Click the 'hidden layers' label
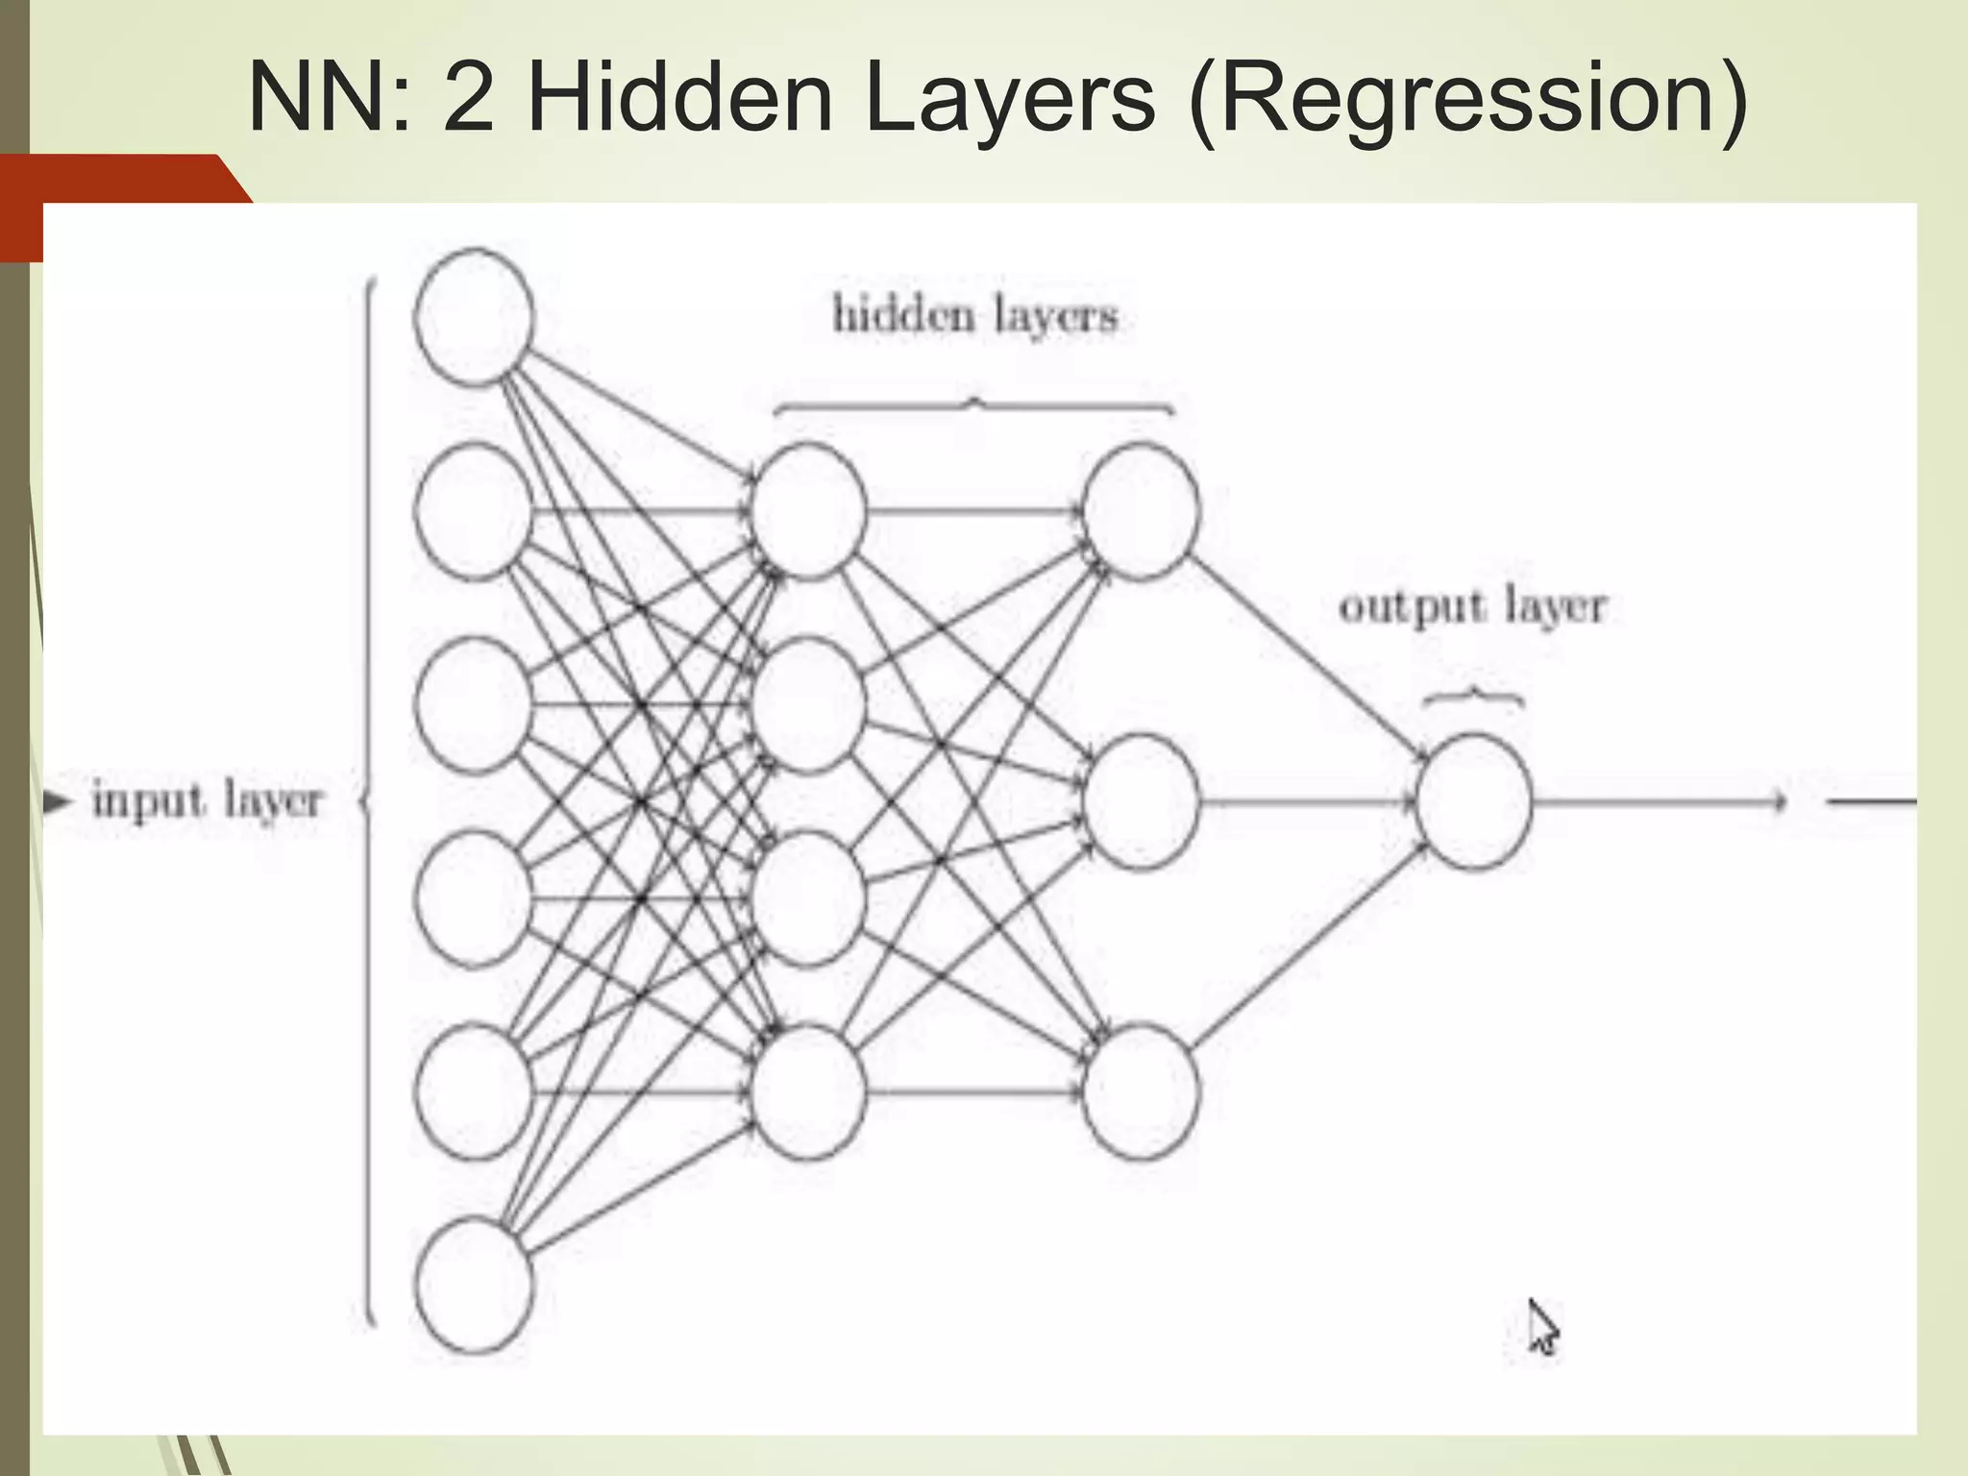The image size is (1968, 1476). (974, 315)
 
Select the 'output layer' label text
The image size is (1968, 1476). (1472, 606)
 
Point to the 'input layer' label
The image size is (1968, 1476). (207, 800)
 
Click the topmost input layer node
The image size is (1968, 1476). (474, 317)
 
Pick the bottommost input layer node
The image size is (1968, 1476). (474, 1286)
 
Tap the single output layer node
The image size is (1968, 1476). (1473, 801)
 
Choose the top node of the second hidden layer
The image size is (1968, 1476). (1141, 511)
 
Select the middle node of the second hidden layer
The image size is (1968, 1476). (1141, 801)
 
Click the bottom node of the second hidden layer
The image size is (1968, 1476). (1141, 1092)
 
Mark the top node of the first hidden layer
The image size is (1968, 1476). (808, 511)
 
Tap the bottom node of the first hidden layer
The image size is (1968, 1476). (808, 1092)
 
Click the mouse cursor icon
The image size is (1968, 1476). (1541, 1327)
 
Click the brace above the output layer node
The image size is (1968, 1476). (1472, 696)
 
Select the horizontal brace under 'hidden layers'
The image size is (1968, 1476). (974, 407)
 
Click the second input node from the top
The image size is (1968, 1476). (474, 511)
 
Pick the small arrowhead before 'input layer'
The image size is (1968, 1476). (58, 800)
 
